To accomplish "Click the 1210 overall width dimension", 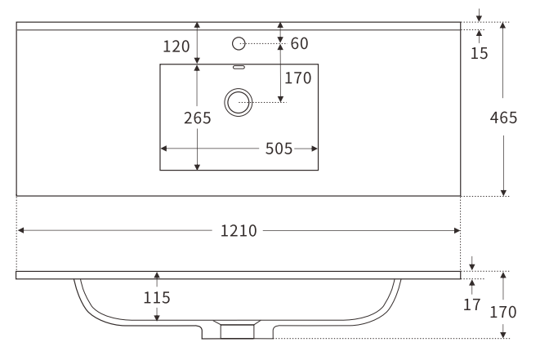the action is [x=239, y=230].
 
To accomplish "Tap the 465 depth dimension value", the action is [x=503, y=118].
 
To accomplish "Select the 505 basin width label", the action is [x=279, y=149].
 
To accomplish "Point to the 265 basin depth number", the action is [x=197, y=118].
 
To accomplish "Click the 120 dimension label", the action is [x=176, y=47].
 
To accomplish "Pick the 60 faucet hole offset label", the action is [x=299, y=44].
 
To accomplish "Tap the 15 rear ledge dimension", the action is [x=480, y=53].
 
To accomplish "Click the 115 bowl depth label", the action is [x=157, y=298].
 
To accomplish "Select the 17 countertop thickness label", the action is [x=472, y=304].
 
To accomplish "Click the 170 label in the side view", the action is [x=503, y=312].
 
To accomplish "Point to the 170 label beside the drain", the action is [x=298, y=78].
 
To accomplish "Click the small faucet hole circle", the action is [x=239, y=44].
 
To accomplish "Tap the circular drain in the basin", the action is [x=239, y=102].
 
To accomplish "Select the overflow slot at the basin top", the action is [x=239, y=67].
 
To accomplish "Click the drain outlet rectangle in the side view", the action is [x=237, y=331].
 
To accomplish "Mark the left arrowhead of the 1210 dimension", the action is [x=20, y=230].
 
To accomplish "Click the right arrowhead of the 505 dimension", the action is [x=314, y=149].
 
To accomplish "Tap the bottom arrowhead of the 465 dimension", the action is [x=503, y=193].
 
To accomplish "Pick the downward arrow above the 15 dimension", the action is [x=479, y=15].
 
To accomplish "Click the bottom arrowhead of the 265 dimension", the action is [x=197, y=167].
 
